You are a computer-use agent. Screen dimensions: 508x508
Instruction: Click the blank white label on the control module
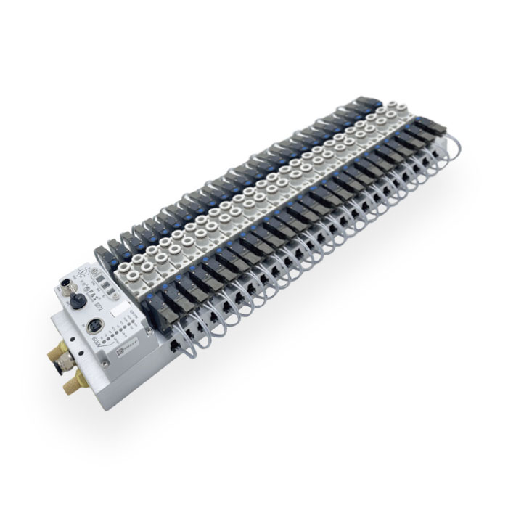(x=119, y=309)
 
